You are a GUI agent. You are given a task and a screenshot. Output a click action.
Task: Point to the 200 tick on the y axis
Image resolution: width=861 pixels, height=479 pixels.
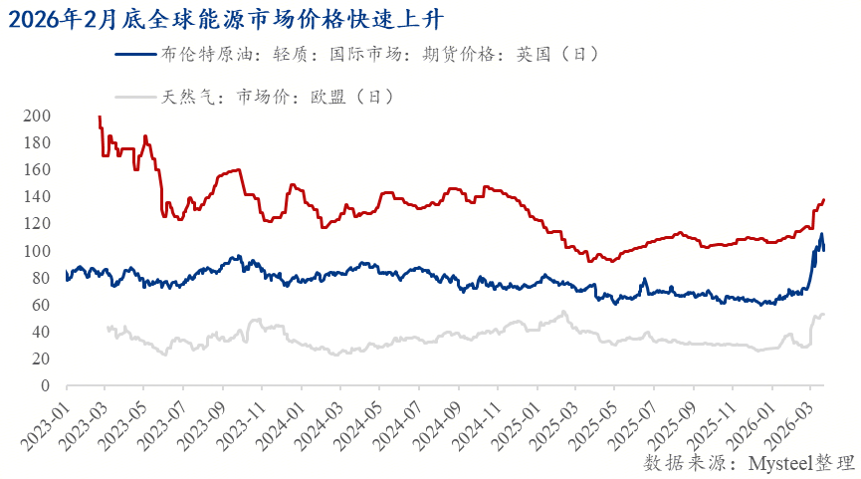tap(38, 117)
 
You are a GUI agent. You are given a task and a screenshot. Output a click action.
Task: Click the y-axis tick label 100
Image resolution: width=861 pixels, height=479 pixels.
tap(38, 251)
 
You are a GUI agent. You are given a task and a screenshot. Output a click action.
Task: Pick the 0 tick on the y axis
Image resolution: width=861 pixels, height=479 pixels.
tap(46, 385)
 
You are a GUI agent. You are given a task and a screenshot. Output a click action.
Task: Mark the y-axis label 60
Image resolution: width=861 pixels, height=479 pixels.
tap(42, 305)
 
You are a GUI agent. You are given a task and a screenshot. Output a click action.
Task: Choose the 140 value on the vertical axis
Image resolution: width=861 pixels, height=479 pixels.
tap(38, 197)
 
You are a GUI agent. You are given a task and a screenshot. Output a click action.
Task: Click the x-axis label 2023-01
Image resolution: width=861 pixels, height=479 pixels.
tap(44, 419)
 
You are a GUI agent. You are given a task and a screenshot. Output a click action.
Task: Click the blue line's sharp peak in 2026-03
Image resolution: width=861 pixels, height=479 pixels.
tap(821, 235)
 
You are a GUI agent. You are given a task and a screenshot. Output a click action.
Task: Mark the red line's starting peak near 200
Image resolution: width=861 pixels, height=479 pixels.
tap(100, 118)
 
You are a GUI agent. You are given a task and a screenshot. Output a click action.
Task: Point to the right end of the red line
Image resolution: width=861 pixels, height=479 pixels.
tap(824, 200)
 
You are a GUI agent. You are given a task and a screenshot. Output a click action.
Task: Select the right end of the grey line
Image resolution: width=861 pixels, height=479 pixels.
tap(824, 315)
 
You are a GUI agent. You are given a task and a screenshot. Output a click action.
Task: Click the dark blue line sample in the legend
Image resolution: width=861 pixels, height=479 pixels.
tap(135, 55)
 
